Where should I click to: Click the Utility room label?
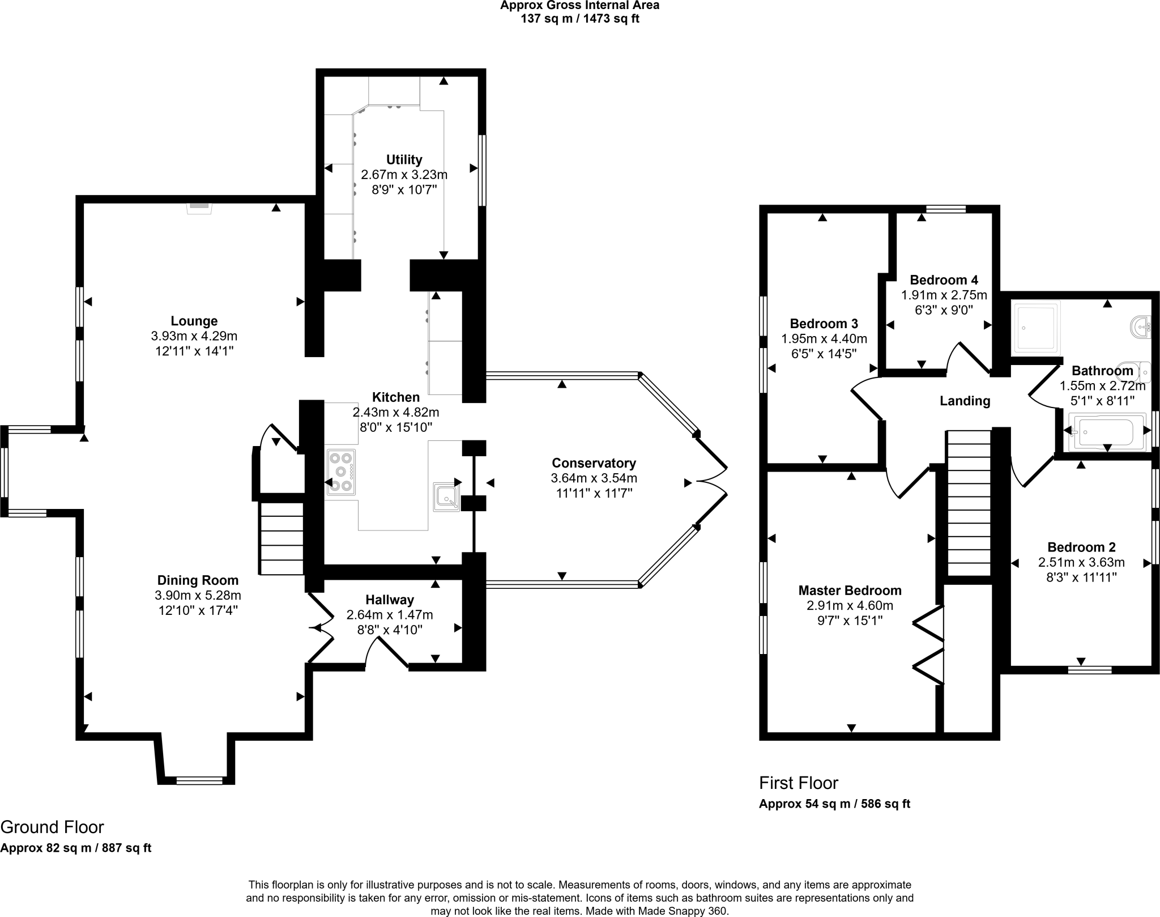[404, 159]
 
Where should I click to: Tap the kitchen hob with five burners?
[340, 472]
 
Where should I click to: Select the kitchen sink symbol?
[447, 496]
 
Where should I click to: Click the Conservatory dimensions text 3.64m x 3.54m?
[594, 478]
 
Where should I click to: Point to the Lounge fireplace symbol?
[199, 207]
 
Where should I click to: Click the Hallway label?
[389, 600]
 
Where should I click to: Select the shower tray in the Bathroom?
[1036, 328]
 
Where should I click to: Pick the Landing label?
[965, 401]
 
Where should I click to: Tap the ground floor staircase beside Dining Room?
[282, 537]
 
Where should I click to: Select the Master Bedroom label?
[850, 591]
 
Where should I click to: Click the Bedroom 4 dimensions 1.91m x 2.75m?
[944, 295]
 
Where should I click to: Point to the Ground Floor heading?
[52, 827]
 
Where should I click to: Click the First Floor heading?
[798, 783]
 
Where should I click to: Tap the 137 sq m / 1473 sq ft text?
[579, 19]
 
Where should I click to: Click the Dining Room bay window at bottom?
[199, 780]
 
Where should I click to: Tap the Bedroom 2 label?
[1081, 547]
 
